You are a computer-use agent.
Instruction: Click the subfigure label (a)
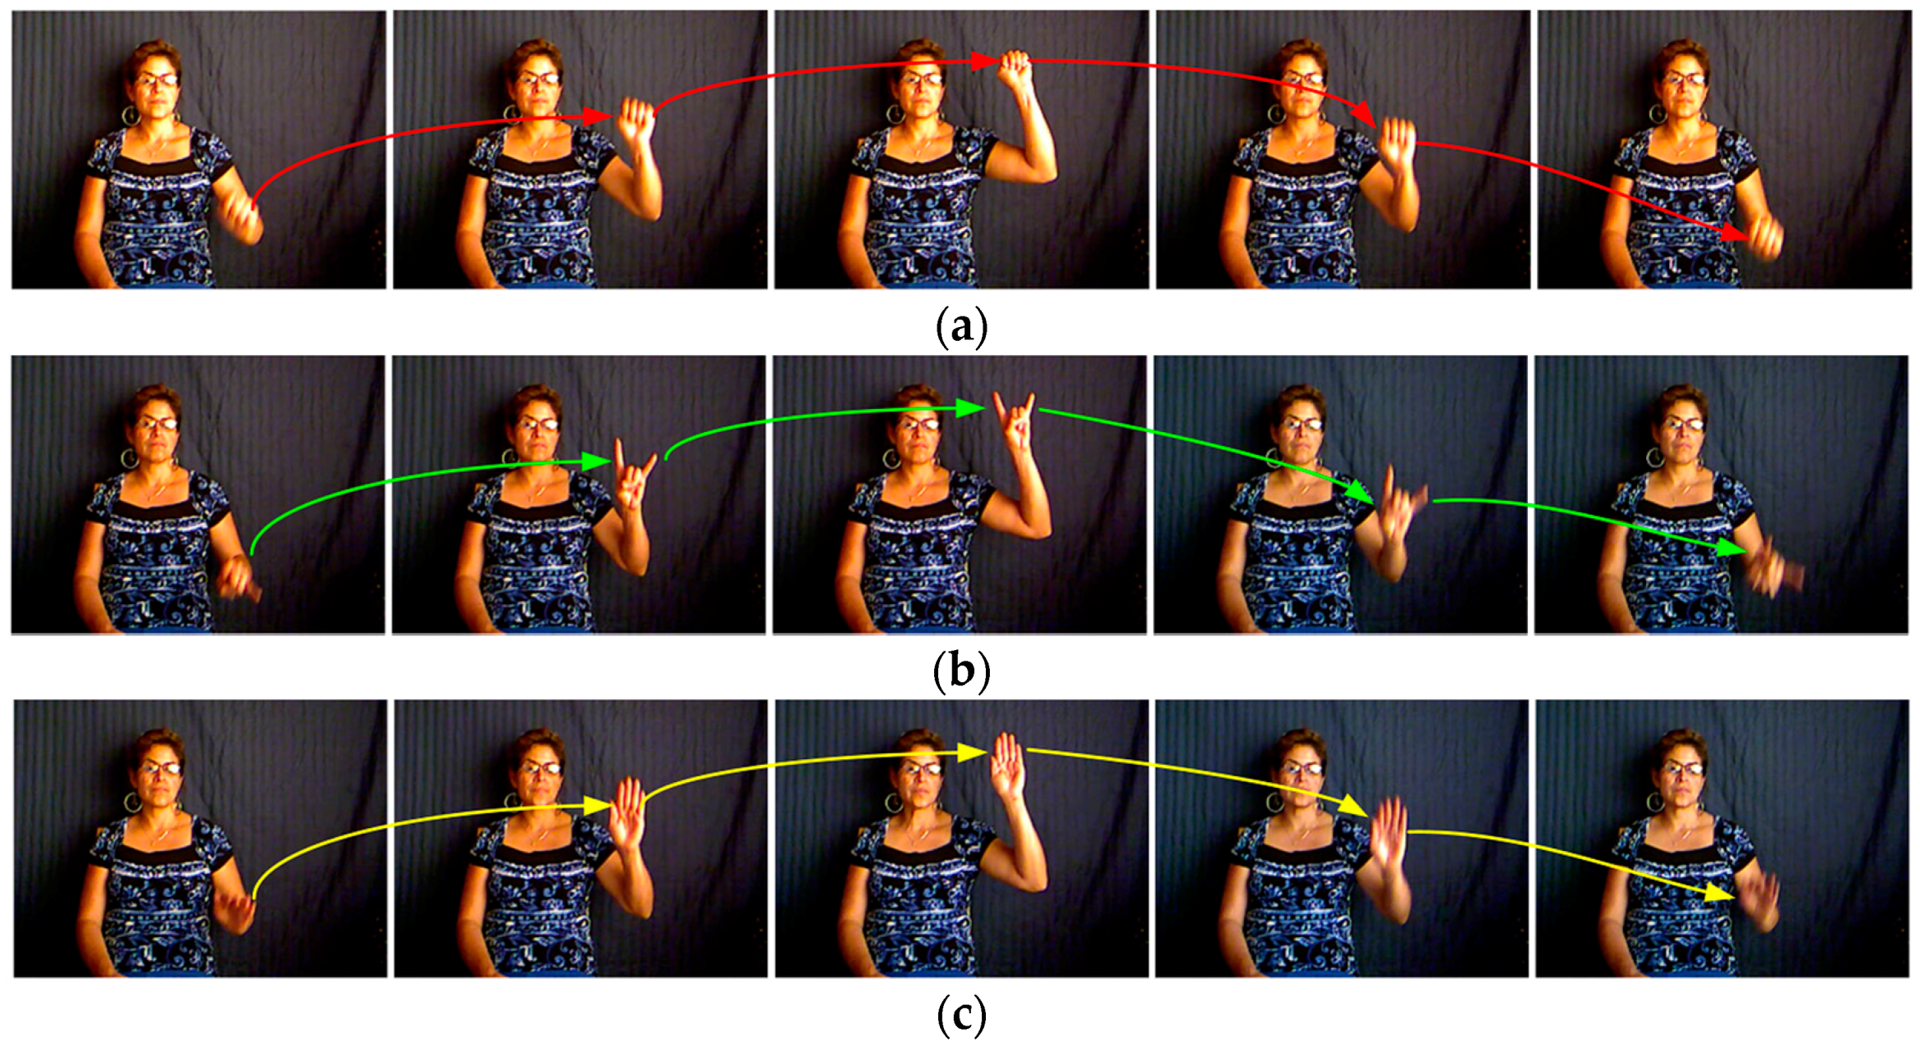click(x=961, y=326)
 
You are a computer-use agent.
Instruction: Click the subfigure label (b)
click(x=961, y=671)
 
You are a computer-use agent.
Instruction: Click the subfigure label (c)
click(x=961, y=1015)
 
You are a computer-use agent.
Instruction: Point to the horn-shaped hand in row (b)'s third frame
click(x=1015, y=422)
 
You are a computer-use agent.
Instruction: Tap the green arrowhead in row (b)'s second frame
click(x=597, y=462)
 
